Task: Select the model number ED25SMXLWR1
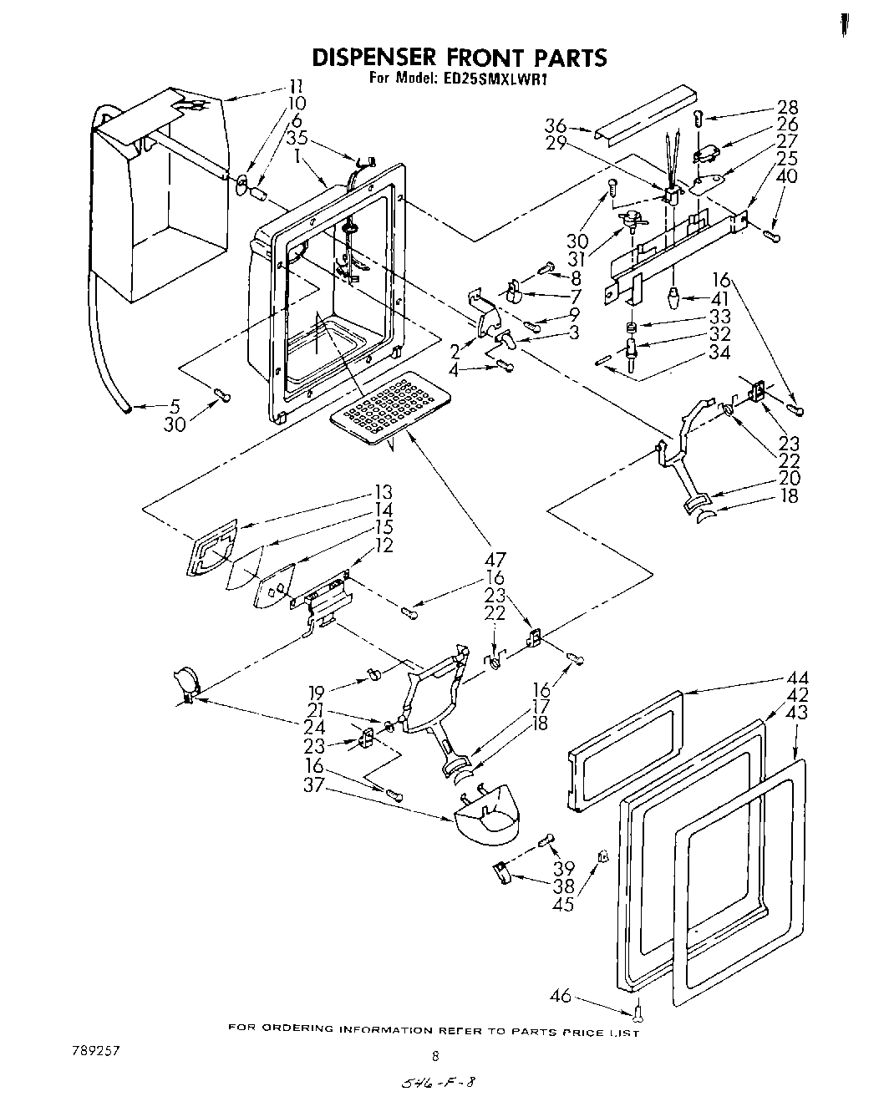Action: (x=493, y=79)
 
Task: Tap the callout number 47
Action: (x=495, y=561)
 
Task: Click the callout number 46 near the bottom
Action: (x=561, y=995)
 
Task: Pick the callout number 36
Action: (x=556, y=125)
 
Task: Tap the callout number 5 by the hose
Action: (x=175, y=407)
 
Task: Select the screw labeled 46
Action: (x=639, y=1012)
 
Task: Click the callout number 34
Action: (x=719, y=352)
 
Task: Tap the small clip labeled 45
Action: (x=602, y=856)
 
